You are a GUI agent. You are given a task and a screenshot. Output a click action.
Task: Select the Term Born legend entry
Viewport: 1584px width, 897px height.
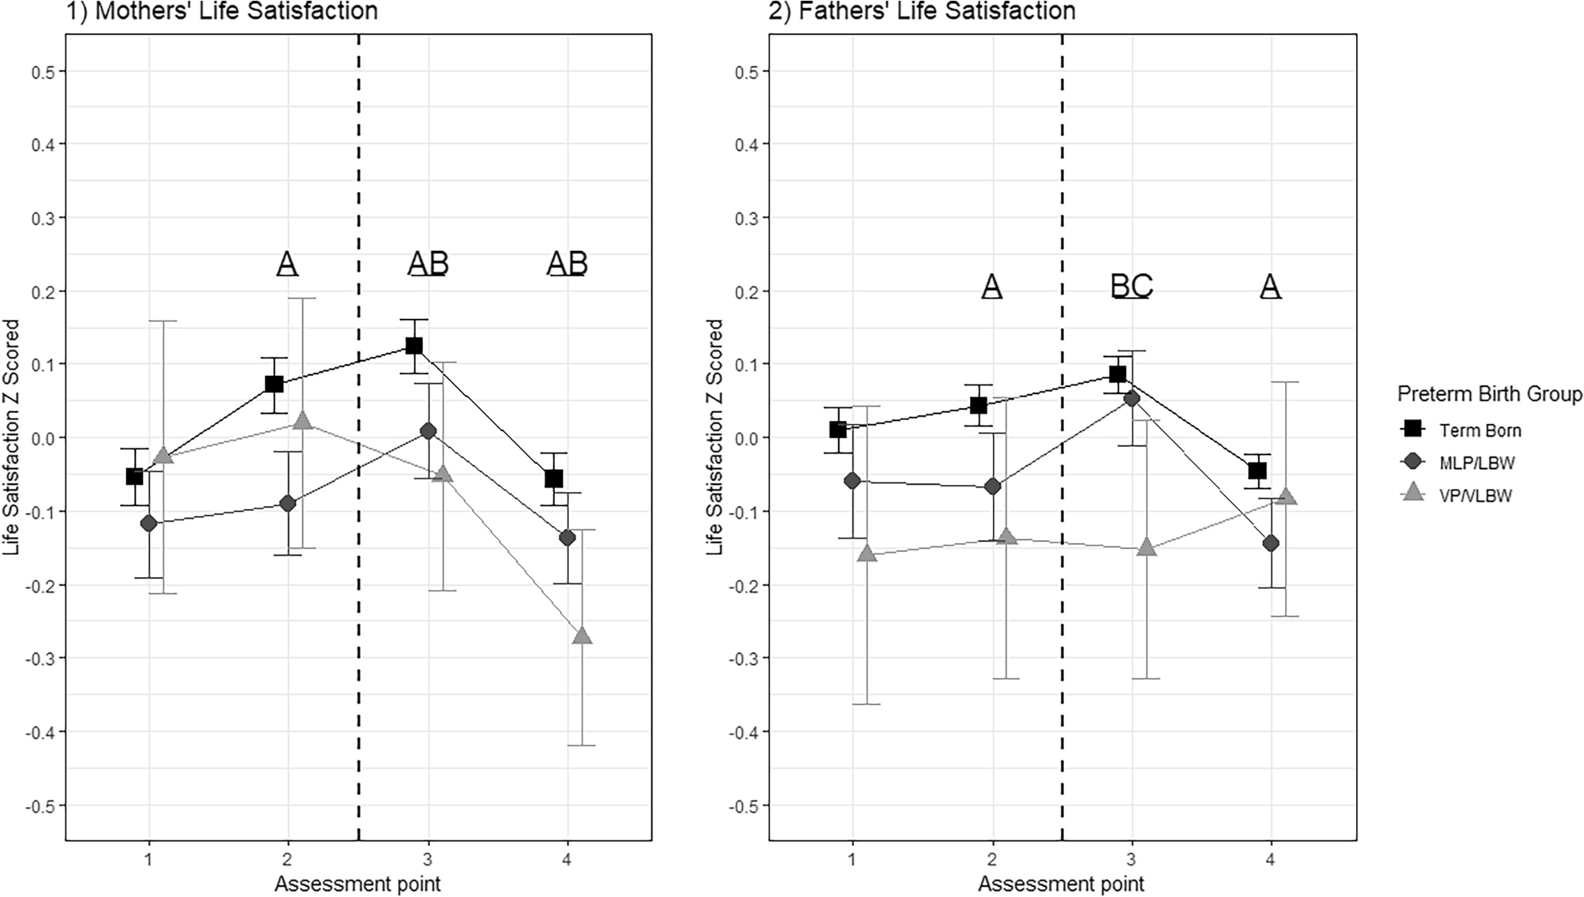pyautogui.click(x=1479, y=430)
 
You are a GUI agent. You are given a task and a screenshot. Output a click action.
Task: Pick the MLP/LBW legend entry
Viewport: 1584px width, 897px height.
pyautogui.click(x=1475, y=463)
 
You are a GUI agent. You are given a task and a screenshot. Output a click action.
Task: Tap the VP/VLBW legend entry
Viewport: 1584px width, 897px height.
pyautogui.click(x=1474, y=496)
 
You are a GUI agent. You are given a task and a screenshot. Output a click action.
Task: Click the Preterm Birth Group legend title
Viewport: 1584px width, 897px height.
pyautogui.click(x=1489, y=393)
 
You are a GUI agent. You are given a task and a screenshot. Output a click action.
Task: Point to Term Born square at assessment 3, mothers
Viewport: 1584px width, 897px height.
pyautogui.click(x=414, y=346)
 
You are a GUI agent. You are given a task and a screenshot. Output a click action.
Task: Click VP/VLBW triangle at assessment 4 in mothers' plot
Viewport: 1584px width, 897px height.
pyautogui.click(x=582, y=636)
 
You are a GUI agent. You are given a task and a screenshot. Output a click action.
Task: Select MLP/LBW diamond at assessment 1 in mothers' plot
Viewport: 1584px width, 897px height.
pyautogui.click(x=148, y=524)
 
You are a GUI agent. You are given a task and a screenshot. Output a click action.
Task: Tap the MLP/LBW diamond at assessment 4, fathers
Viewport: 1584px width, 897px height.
pyautogui.click(x=1271, y=543)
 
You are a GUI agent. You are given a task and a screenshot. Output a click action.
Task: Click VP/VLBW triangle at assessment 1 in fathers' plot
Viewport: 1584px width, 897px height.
pyautogui.click(x=867, y=554)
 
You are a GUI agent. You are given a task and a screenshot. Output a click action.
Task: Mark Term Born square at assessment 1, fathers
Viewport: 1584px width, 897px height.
pyautogui.click(x=837, y=430)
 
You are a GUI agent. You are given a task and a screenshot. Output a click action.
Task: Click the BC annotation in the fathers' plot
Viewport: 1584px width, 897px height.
pyautogui.click(x=1132, y=286)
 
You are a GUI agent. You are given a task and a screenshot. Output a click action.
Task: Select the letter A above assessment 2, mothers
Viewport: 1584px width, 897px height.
pyautogui.click(x=287, y=264)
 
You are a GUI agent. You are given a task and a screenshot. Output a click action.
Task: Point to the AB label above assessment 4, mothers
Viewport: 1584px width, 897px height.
pyautogui.click(x=567, y=264)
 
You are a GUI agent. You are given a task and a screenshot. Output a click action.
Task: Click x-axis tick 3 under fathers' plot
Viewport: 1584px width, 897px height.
pyautogui.click(x=1131, y=858)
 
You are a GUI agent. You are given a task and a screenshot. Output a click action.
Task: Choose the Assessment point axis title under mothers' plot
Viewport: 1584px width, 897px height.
pyautogui.click(x=358, y=884)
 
